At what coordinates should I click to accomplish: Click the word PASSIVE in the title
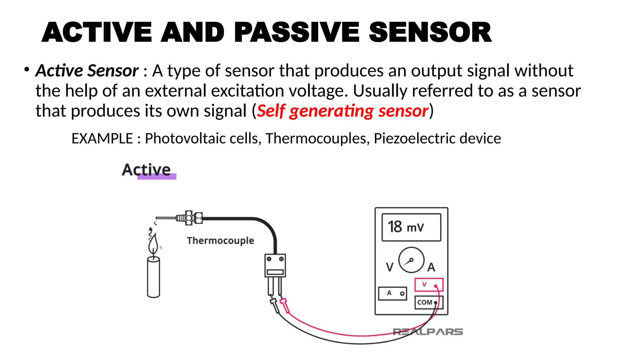coord(297,32)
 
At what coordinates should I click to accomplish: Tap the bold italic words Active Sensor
coord(87,71)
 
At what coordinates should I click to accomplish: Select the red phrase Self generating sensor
coord(342,111)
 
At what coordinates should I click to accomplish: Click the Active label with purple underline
coord(147,170)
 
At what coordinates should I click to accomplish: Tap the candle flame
coord(153,244)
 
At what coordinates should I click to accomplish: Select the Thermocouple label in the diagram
coord(220,241)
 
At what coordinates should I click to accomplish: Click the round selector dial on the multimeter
coord(411,260)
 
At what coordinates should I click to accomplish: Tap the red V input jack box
coord(429,285)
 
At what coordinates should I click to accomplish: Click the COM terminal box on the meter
coord(428,302)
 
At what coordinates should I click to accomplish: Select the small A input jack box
coord(392,293)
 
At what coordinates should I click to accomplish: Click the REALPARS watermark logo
coord(427,332)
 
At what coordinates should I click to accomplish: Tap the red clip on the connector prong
coord(285,305)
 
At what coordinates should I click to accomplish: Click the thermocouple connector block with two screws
coord(275,265)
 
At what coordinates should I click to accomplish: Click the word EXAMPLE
coord(102,138)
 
